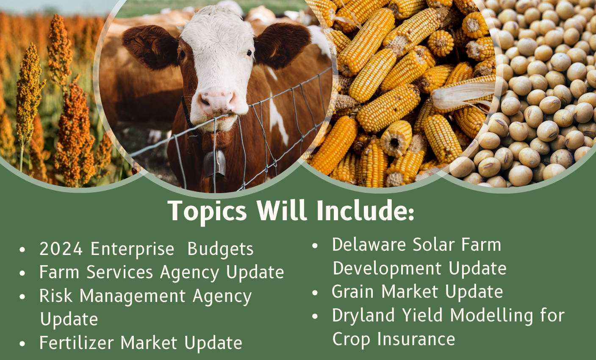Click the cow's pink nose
(x=217, y=101)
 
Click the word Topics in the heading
(x=208, y=211)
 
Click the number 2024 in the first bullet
(x=61, y=249)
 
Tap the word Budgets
(x=220, y=249)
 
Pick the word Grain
(x=353, y=291)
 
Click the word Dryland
(x=363, y=316)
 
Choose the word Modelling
(x=492, y=316)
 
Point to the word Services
(x=120, y=272)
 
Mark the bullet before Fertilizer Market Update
(x=22, y=343)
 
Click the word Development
(x=388, y=269)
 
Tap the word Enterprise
(x=133, y=249)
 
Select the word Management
(x=133, y=296)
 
